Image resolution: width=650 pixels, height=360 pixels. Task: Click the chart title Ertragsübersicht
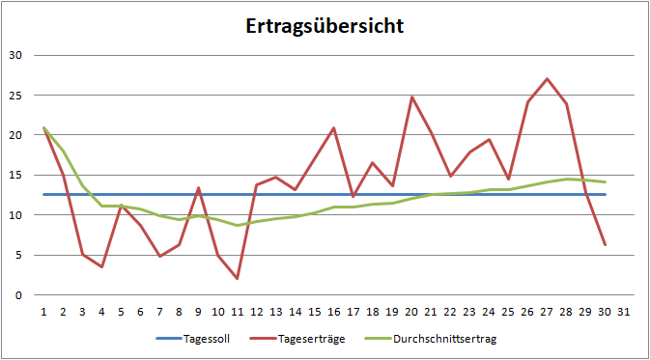click(325, 25)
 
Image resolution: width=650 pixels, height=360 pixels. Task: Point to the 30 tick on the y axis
click(14, 55)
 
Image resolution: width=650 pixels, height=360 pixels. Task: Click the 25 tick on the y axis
click(14, 96)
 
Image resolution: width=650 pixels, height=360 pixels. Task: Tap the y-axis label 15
click(14, 175)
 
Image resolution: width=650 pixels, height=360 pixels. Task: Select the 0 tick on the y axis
click(17, 295)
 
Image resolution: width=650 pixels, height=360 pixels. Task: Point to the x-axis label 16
click(333, 311)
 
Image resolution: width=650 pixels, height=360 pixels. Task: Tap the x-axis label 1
click(43, 311)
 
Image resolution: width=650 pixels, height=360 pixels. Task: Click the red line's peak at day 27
click(547, 79)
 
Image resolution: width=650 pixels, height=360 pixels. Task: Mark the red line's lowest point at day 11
click(237, 278)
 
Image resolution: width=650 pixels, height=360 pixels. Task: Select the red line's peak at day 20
click(411, 97)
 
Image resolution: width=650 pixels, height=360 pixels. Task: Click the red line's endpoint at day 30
click(605, 244)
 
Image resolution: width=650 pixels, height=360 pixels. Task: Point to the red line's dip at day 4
click(101, 266)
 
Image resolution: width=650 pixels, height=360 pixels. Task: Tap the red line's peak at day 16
click(333, 127)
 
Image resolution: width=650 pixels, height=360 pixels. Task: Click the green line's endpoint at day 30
click(605, 181)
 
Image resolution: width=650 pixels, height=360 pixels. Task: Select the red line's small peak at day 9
click(198, 188)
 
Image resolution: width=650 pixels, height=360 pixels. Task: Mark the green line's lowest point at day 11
click(237, 225)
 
